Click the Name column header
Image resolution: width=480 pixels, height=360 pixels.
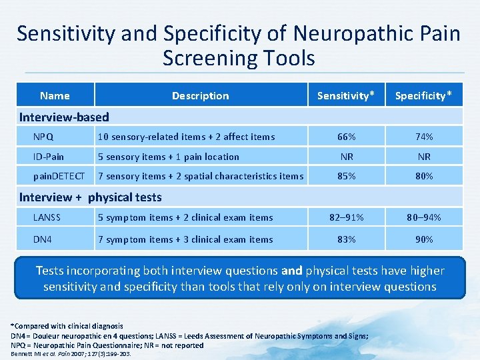click(55, 95)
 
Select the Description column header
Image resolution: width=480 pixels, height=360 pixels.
click(200, 95)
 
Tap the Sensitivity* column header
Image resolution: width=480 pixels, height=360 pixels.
click(346, 95)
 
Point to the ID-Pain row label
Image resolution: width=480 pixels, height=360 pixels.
click(48, 157)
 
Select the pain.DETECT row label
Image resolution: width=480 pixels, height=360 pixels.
click(59, 176)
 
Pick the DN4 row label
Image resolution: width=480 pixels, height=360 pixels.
click(43, 239)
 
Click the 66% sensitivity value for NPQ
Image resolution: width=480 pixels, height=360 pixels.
click(346, 137)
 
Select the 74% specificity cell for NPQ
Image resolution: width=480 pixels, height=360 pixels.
click(424, 137)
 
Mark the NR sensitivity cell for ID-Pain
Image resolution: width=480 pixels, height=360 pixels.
click(346, 157)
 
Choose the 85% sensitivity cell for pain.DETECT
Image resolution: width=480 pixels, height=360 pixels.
click(346, 176)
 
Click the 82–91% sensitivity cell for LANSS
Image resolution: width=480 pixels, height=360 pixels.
click(346, 217)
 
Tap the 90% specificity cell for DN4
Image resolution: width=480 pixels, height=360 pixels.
click(424, 239)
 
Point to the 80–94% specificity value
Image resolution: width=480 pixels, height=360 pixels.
click(424, 217)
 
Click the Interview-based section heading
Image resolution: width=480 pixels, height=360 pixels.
click(64, 117)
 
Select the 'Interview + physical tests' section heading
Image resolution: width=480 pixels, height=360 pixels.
click(90, 197)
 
